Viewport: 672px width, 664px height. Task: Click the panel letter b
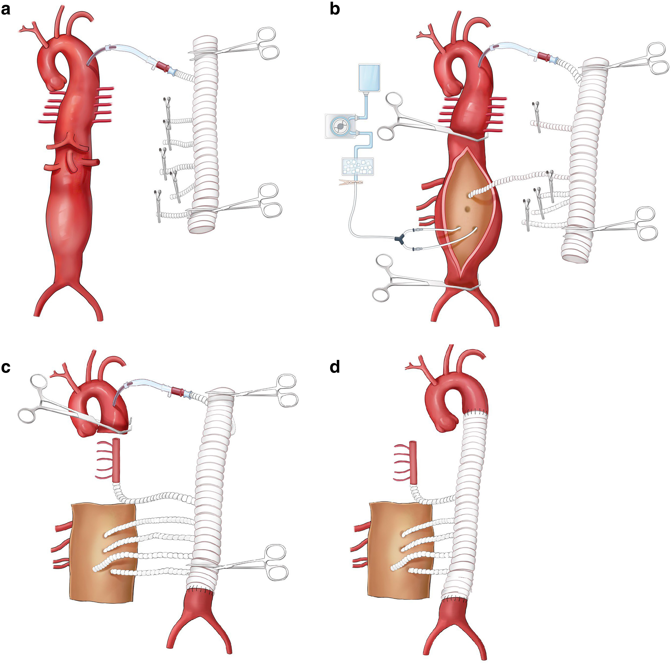pos(335,10)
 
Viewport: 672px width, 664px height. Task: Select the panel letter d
pos(335,367)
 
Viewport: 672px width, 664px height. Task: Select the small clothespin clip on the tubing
pos(351,182)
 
